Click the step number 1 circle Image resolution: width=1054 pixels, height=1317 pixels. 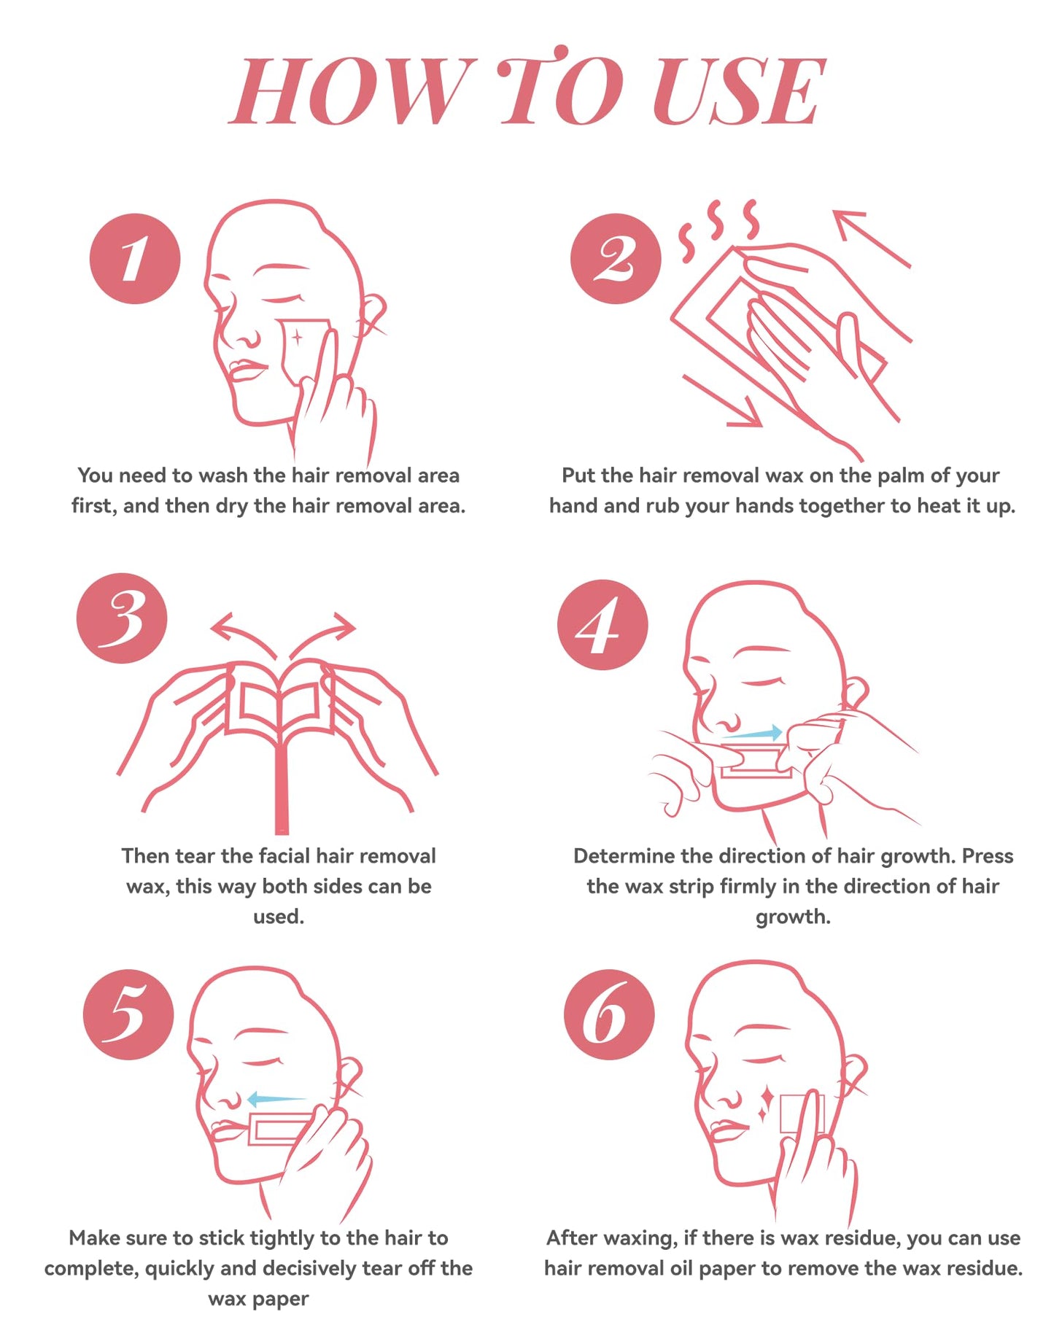135,258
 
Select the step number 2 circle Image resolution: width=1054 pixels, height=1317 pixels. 616,258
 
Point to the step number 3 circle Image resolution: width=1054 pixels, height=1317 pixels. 122,618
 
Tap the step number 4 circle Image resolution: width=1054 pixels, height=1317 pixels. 602,625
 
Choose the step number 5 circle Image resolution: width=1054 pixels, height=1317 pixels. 128,1014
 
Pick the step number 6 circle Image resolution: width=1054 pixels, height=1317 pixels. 609,1014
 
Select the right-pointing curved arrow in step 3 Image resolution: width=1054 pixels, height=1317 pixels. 322,635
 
